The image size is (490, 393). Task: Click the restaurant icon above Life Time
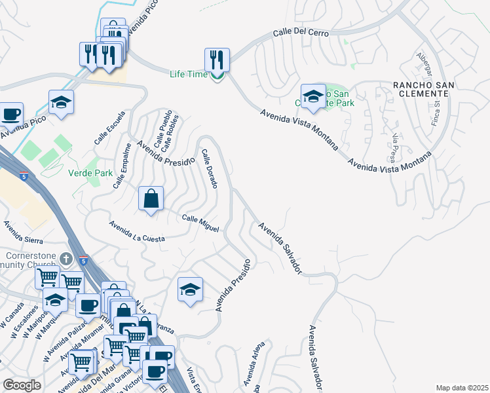click(217, 60)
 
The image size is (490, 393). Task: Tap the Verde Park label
click(90, 174)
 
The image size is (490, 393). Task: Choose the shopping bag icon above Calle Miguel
click(151, 198)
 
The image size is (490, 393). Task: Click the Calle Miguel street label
click(200, 223)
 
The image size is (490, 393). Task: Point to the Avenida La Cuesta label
click(137, 231)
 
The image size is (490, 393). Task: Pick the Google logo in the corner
click(22, 385)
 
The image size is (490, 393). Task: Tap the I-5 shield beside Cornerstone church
click(83, 260)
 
